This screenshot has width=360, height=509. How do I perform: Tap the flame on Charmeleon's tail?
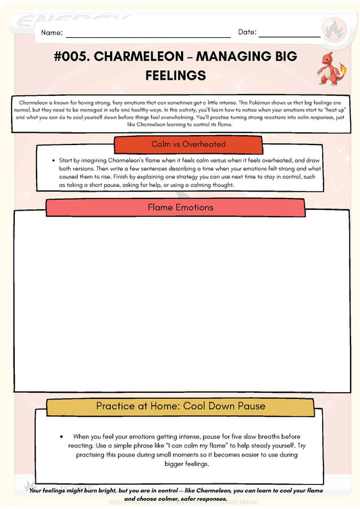[342, 68]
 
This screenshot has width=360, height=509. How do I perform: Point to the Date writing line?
[289, 36]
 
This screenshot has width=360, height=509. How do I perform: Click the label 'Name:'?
[52, 32]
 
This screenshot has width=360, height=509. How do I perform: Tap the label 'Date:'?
[247, 32]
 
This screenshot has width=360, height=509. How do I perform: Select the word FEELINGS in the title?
[176, 75]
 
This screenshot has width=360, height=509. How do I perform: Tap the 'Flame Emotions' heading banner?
[180, 207]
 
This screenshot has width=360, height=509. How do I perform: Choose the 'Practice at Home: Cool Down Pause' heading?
[180, 406]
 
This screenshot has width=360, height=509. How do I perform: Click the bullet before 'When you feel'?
[61, 437]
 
